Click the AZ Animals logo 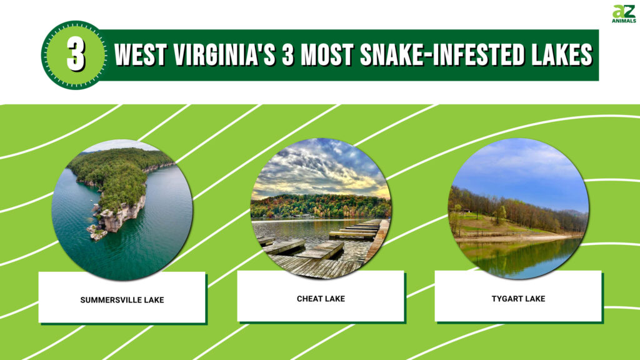point(624,14)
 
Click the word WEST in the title point(141,55)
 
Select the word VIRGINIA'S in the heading point(224,55)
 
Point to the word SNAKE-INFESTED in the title point(442,55)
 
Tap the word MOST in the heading point(327,55)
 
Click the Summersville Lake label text point(122,300)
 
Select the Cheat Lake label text point(321,299)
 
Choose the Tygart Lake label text point(518,299)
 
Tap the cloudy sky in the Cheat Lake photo point(320,167)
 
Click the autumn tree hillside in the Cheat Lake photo point(321,206)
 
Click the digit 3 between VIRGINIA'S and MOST point(287,55)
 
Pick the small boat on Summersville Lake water point(90,201)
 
